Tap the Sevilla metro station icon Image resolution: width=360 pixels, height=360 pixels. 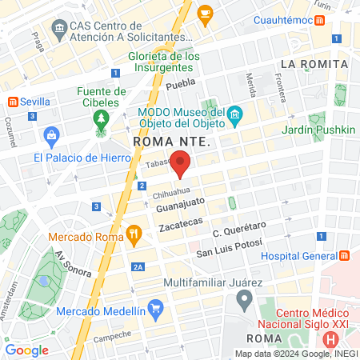(13, 102)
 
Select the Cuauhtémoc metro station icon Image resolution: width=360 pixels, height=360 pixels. (319, 19)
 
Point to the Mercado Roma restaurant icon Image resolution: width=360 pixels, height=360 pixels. (134, 235)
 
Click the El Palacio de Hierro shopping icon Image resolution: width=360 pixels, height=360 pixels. (52, 134)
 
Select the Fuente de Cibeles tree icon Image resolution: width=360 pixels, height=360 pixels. (101, 121)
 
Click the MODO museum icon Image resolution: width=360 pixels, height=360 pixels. (234, 117)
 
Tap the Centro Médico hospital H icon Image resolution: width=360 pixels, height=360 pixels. (330, 286)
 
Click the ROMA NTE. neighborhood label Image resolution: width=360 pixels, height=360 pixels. (171, 142)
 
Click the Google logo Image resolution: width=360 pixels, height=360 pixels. (27, 350)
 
